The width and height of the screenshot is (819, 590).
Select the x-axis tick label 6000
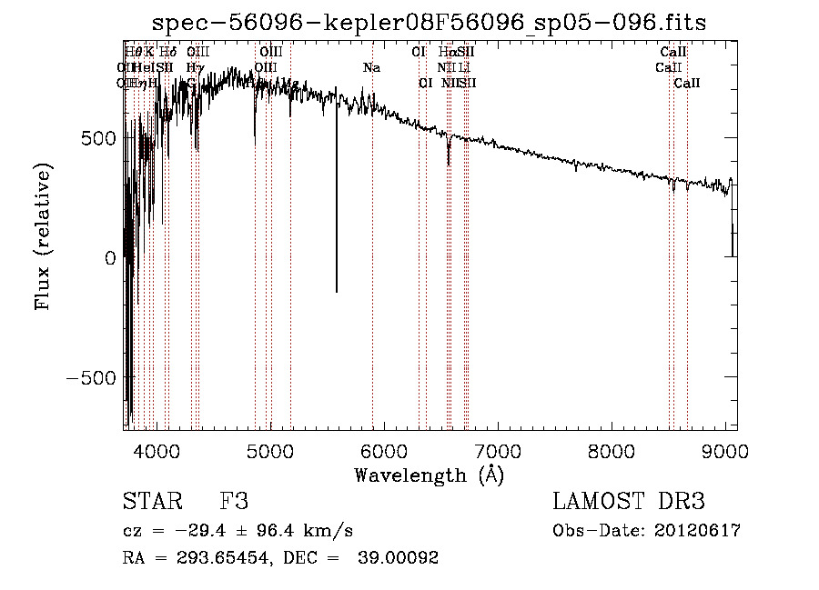click(384, 450)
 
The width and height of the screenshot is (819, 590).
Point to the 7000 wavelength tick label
click(498, 450)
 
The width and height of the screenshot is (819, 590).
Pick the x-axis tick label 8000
click(612, 450)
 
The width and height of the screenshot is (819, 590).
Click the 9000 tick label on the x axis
click(725, 450)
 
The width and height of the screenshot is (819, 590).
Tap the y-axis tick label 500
click(96, 137)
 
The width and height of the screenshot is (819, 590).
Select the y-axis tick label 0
click(109, 257)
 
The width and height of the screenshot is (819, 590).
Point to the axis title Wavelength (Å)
click(430, 475)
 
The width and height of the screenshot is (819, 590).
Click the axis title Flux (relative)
click(43, 235)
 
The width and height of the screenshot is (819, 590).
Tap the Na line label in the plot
click(371, 68)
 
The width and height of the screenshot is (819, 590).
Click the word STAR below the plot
click(152, 502)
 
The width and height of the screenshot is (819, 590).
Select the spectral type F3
click(233, 502)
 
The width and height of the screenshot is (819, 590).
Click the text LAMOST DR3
click(629, 502)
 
